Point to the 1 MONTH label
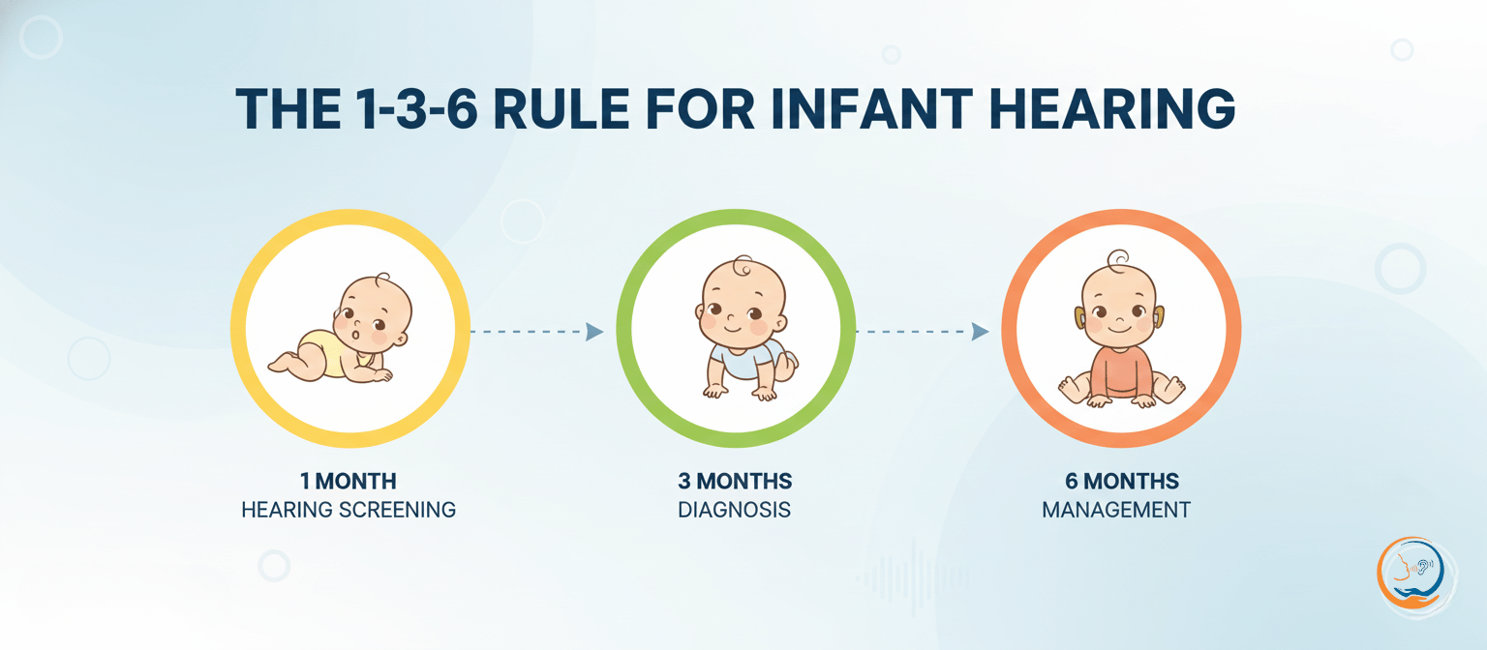point(349,481)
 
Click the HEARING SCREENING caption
point(349,509)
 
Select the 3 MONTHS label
point(735,481)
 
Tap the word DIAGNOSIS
point(735,509)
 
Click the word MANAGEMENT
point(1116,509)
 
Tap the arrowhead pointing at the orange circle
point(980,332)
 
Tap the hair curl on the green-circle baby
point(740,265)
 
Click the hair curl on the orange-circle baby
point(1118,259)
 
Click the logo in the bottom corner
point(1411,575)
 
